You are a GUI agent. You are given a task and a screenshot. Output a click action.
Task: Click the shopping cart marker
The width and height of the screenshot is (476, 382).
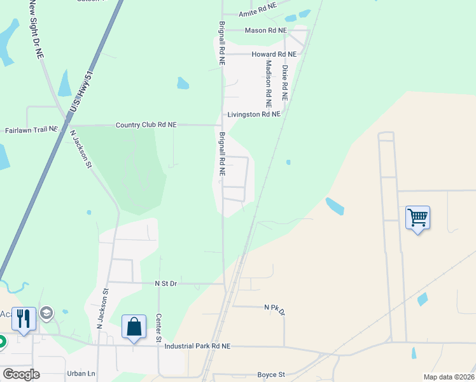coord(417,218)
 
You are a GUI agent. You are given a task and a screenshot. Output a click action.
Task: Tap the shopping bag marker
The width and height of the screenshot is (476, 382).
coord(134,327)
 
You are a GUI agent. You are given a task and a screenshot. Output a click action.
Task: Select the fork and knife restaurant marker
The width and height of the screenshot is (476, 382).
coord(24,319)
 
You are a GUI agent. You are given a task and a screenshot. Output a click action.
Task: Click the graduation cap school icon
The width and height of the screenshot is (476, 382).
coord(46,313)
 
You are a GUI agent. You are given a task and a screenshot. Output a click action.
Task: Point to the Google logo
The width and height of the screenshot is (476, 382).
coord(21,374)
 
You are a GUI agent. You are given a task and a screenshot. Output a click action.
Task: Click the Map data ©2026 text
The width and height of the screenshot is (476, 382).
coord(449,377)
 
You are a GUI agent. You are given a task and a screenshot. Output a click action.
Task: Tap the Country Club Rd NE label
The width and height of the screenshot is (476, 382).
coord(146,125)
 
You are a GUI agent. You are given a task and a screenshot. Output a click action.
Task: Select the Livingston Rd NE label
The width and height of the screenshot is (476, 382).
coord(254,115)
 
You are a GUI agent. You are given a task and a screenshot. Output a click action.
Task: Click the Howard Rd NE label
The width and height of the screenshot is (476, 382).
coord(274,55)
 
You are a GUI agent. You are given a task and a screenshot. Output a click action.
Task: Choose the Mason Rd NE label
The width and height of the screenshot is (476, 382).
coord(266,30)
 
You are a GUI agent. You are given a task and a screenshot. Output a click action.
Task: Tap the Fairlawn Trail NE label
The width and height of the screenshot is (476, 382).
coord(31,129)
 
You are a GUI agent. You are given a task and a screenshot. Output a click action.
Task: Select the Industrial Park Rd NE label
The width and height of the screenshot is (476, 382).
coord(197,346)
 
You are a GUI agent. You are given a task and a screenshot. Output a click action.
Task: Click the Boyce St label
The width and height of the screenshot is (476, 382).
coord(271,375)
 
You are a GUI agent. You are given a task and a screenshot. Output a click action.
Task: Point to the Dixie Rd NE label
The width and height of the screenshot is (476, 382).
coord(285,83)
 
